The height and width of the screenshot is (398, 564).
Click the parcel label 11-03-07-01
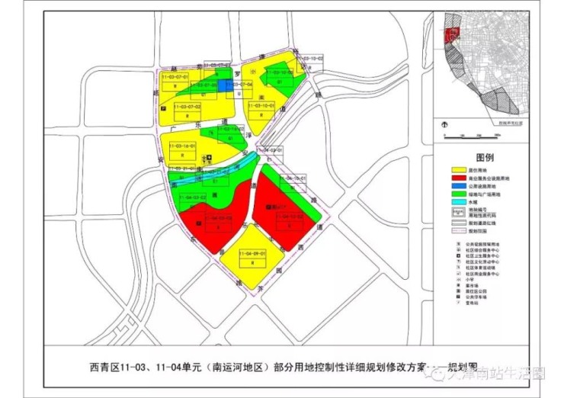point(175,78)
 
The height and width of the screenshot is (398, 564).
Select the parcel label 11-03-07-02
point(186,108)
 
